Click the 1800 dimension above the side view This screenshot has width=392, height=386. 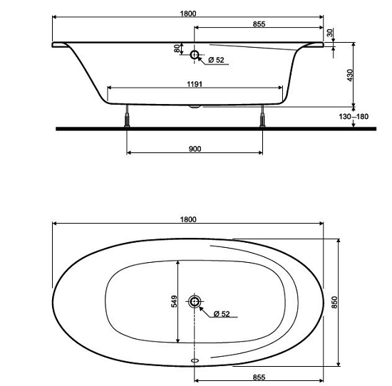point(188,14)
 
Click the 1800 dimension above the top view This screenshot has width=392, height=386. point(188,219)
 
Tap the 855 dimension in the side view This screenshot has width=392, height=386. point(259,24)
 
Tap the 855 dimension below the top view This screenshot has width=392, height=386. point(259,377)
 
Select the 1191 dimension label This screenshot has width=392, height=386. point(195,84)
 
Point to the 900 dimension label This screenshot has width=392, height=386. point(195,149)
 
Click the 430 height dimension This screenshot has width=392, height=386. point(350,75)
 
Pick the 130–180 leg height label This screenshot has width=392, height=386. point(354,116)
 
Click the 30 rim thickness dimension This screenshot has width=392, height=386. point(330,33)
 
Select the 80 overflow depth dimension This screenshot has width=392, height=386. point(177,48)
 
